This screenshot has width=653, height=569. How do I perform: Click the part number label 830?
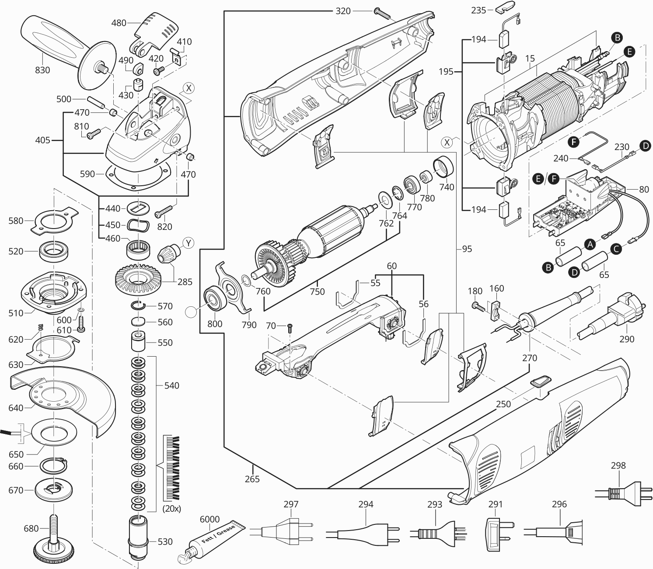click(x=42, y=70)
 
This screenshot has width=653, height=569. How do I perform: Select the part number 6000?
click(x=210, y=519)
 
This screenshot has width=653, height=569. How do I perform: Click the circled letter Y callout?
click(x=188, y=243)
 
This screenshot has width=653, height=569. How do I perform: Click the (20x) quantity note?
click(x=171, y=509)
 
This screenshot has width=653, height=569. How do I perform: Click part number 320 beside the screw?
click(x=343, y=11)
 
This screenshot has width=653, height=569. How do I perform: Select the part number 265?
click(x=252, y=479)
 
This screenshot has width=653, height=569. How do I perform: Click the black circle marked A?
click(x=591, y=244)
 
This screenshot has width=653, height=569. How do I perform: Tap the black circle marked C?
click(x=616, y=250)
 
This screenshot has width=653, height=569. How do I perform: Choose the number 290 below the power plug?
click(x=627, y=339)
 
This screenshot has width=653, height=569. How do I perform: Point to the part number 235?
click(x=478, y=10)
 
